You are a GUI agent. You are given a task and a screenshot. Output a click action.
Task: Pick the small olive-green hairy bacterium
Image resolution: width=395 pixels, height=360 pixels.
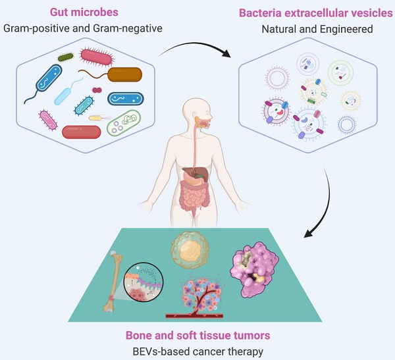pyautogui.click(x=66, y=58)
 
